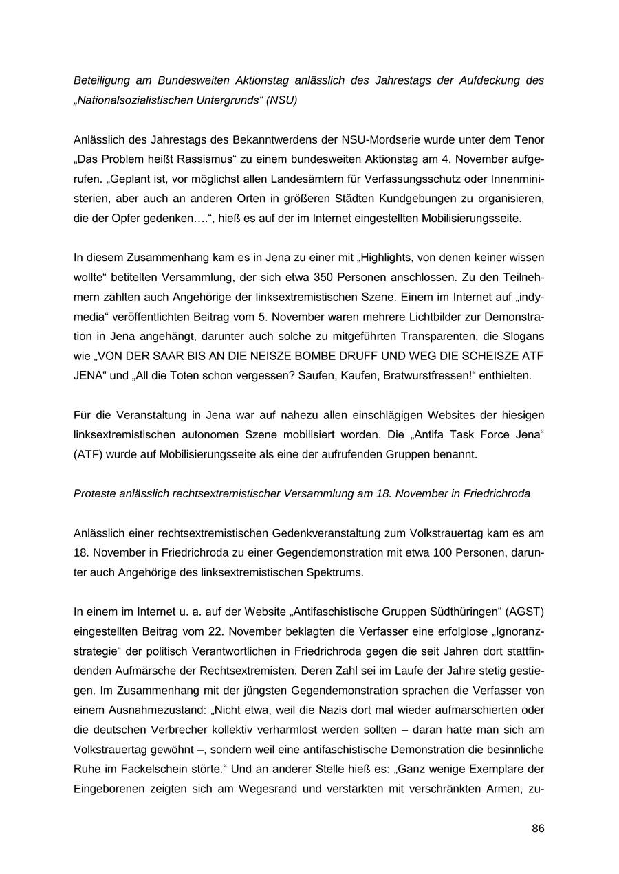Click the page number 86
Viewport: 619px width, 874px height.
(x=538, y=829)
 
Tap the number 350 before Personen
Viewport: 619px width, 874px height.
(x=324, y=278)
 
